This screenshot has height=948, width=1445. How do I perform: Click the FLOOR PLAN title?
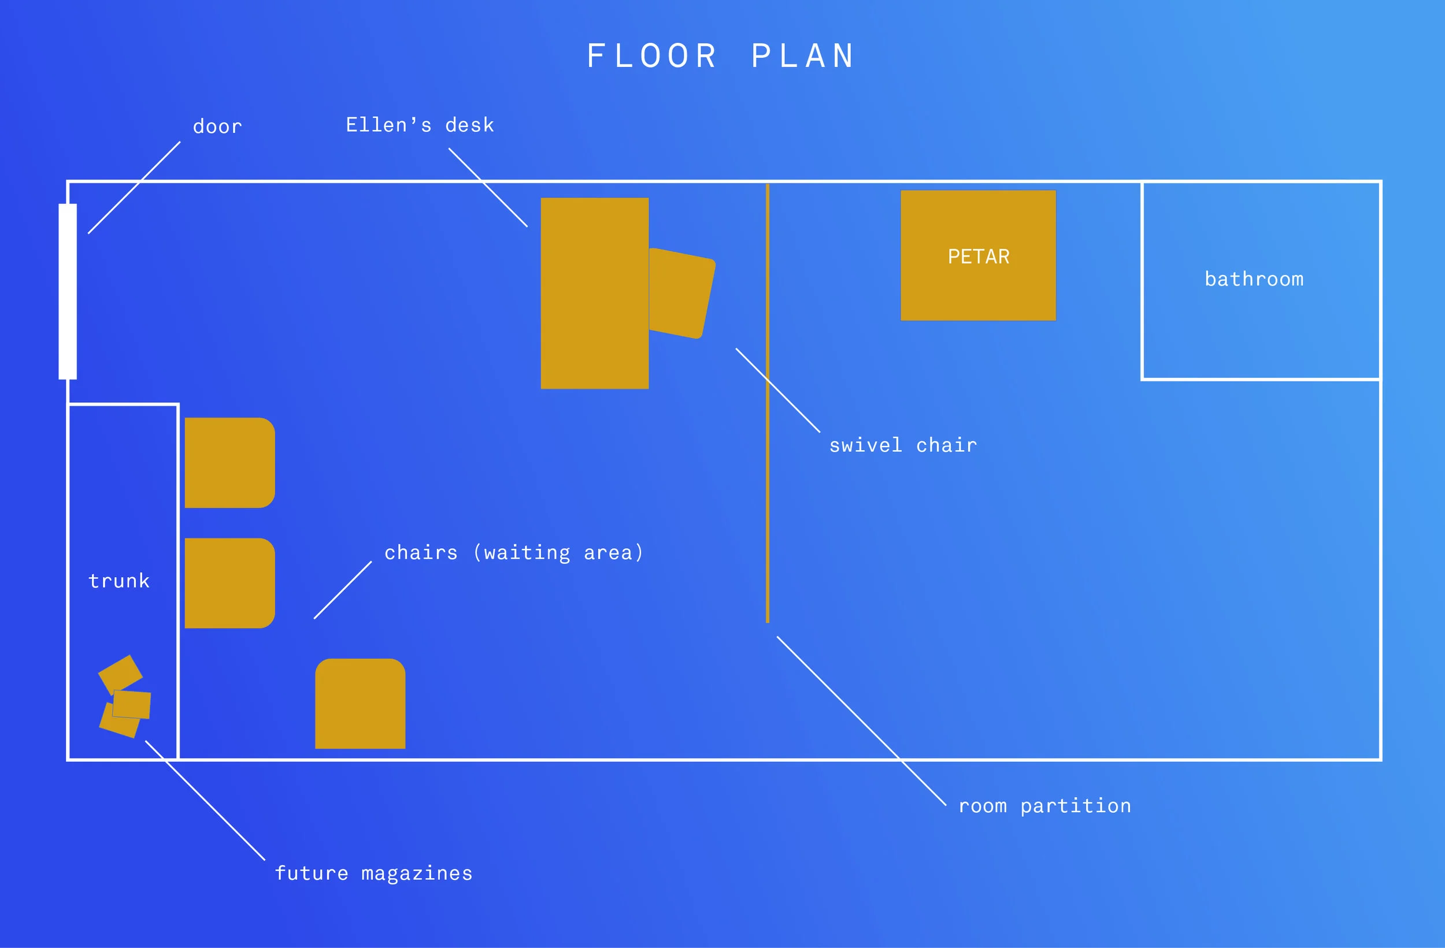tap(721, 56)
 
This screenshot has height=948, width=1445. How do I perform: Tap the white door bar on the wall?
tap(68, 291)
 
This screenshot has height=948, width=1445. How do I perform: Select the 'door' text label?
tap(217, 127)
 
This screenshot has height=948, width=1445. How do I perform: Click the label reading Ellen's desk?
tap(420, 125)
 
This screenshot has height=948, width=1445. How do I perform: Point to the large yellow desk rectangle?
tap(594, 293)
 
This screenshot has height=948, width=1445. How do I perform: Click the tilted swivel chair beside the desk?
tap(682, 293)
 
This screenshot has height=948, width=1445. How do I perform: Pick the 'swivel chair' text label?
tap(903, 445)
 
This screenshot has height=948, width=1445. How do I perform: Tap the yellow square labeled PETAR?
tap(978, 255)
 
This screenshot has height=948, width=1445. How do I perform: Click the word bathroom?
tap(1254, 278)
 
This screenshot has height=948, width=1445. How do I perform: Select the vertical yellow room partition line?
tap(768, 403)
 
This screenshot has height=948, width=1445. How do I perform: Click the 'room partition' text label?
tap(1044, 806)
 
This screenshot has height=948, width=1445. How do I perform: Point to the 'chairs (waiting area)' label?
tap(514, 552)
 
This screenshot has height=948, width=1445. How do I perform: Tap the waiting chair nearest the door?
tap(229, 463)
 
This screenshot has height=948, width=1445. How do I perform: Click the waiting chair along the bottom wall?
tap(360, 704)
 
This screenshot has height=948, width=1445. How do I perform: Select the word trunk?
tap(119, 581)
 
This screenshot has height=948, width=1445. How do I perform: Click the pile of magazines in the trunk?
tap(124, 697)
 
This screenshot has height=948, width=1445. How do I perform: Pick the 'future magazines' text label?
tap(373, 873)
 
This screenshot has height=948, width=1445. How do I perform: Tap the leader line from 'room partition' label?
tap(862, 721)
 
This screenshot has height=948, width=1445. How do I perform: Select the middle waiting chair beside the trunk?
tap(229, 583)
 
